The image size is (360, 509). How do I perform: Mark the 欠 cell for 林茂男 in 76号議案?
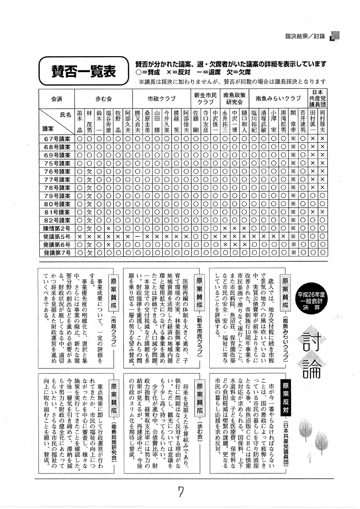tap(89, 171)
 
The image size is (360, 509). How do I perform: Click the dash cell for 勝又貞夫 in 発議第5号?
tap(137, 236)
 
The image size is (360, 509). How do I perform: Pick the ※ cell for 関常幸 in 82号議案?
tap(293, 220)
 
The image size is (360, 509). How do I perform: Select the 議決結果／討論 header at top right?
tap(305, 36)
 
